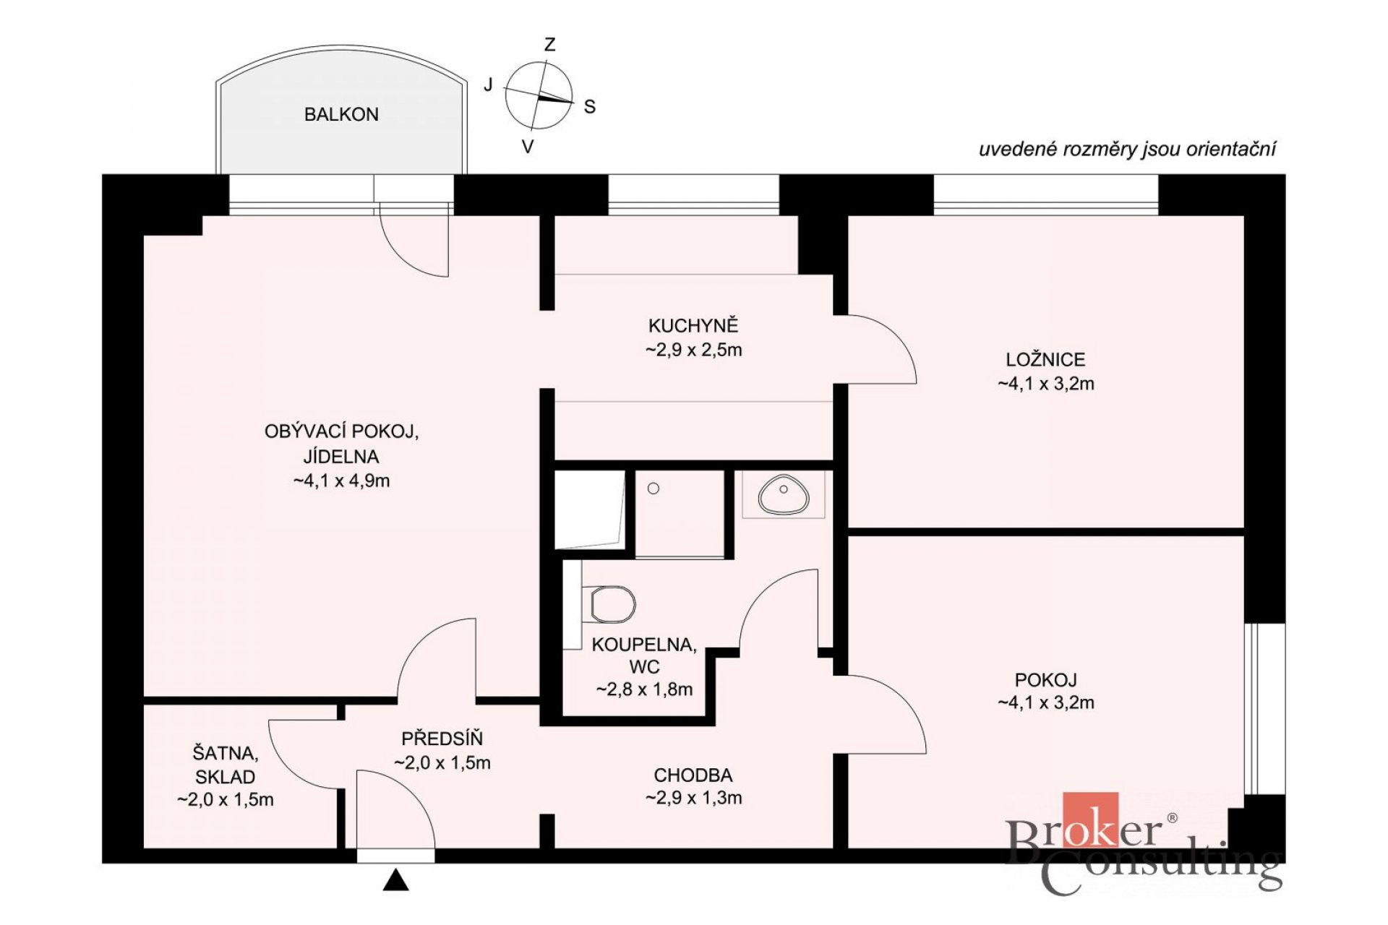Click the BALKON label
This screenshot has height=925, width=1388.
[x=341, y=114]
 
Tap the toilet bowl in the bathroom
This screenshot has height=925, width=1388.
[x=612, y=604]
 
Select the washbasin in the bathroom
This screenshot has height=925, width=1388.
[x=783, y=494]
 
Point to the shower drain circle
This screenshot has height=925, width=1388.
[x=654, y=489]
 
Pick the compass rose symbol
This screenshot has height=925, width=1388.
[x=539, y=96]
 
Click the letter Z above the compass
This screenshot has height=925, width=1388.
[x=549, y=45]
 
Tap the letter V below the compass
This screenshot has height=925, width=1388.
[x=528, y=147]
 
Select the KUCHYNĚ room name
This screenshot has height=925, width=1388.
[x=693, y=325]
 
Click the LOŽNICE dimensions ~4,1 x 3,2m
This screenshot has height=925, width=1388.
[x=1046, y=384]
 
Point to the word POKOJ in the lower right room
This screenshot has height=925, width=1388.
[x=1046, y=680]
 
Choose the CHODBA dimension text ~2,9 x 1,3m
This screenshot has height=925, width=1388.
[x=693, y=798]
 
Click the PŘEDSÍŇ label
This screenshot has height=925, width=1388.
[x=442, y=738]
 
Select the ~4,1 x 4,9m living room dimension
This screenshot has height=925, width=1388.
[x=341, y=481]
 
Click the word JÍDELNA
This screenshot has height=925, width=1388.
[x=341, y=456]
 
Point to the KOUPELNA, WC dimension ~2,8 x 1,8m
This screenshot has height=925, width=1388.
[x=644, y=689]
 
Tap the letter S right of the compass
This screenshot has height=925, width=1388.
[x=590, y=107]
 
